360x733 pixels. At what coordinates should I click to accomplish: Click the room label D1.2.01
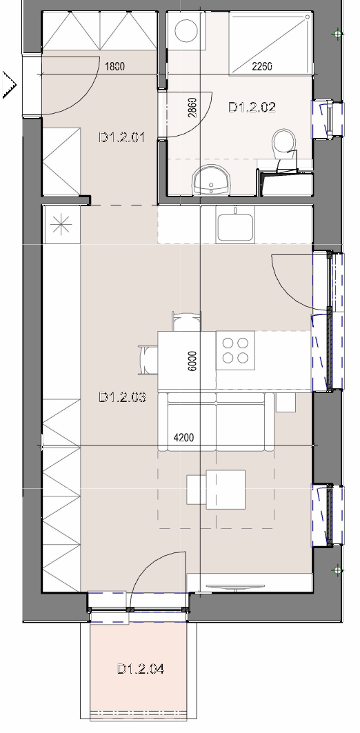point(122,137)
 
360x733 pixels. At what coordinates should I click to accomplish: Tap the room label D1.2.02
point(252,107)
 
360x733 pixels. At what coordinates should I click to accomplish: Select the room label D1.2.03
point(123,397)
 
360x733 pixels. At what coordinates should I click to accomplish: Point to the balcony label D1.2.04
point(141,669)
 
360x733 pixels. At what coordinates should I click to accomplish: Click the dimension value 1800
point(114,67)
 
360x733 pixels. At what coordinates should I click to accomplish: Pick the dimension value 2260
point(262,67)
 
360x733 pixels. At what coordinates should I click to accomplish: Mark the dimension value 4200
point(183,438)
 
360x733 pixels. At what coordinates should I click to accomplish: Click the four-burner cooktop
point(235,350)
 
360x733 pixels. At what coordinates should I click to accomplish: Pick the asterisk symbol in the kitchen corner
point(61,225)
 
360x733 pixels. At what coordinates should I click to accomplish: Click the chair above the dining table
point(186,321)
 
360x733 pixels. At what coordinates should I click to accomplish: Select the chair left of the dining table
point(148,360)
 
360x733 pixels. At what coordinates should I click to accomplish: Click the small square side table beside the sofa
point(286,403)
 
